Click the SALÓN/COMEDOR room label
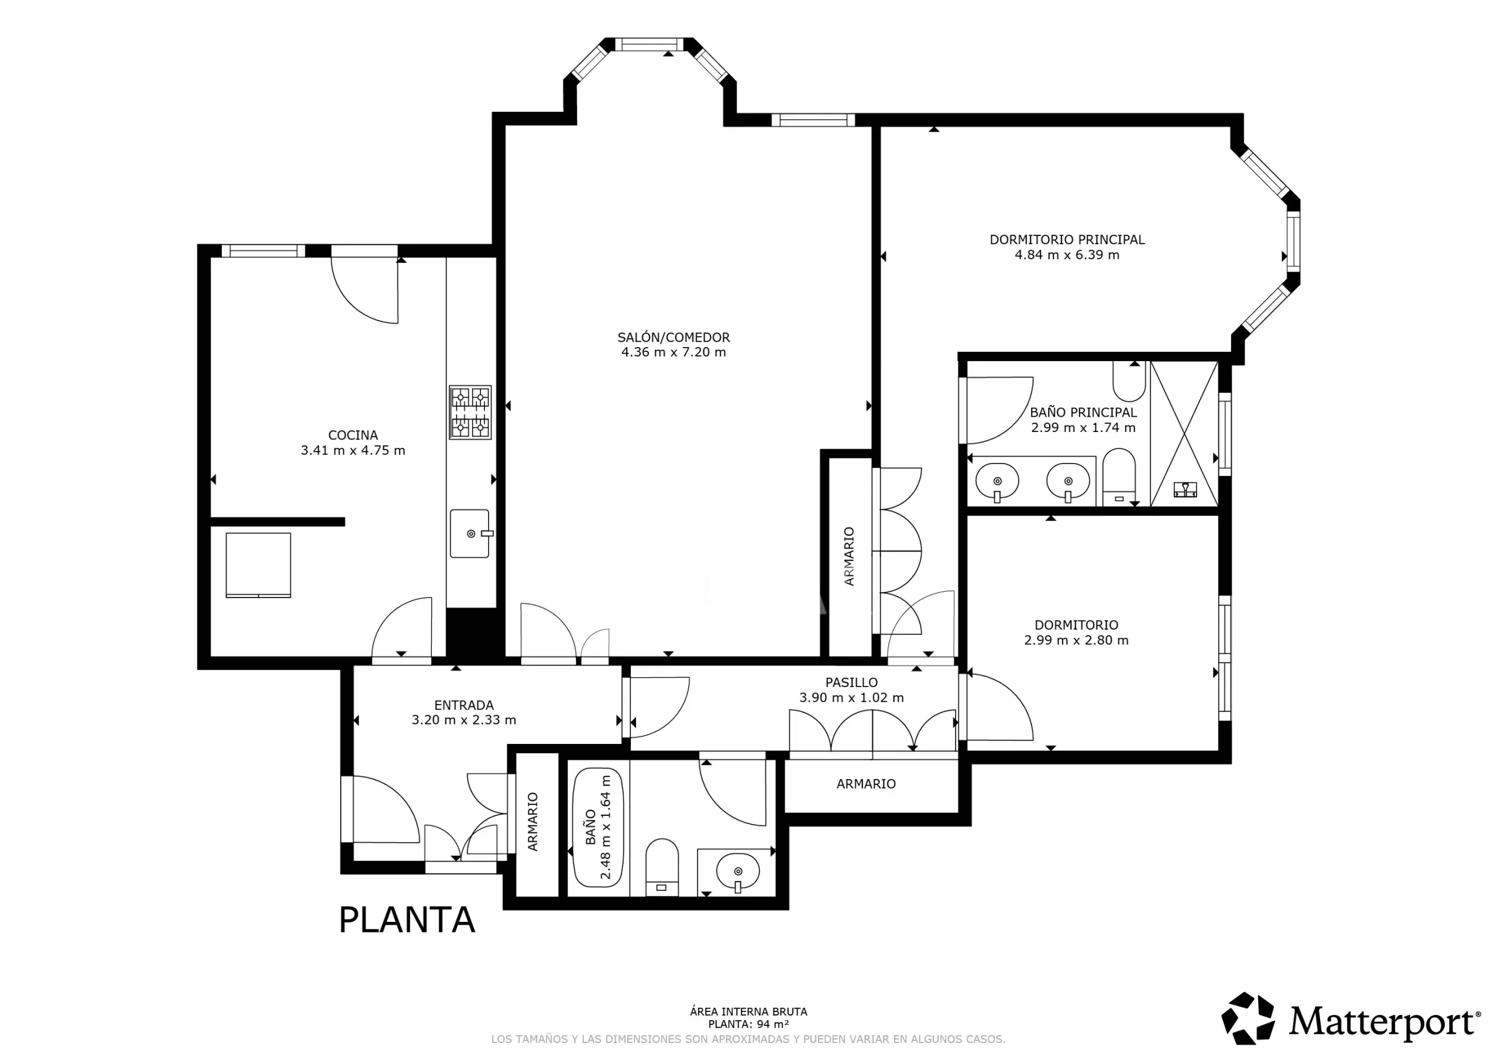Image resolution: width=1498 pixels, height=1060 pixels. click(674, 338)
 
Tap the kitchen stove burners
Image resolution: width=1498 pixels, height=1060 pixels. click(470, 413)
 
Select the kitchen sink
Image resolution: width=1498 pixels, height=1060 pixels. click(470, 533)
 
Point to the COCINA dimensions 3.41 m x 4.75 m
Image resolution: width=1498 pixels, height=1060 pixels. click(353, 450)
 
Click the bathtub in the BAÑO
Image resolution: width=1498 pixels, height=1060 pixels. click(597, 828)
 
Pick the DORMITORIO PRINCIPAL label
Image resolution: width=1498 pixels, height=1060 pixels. click(1067, 239)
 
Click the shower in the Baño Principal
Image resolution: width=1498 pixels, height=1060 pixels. click(1184, 434)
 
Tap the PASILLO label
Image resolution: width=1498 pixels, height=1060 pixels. click(851, 682)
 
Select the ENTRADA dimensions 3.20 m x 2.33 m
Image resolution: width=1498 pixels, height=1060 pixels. click(464, 720)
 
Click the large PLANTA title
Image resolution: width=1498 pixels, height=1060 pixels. click(407, 920)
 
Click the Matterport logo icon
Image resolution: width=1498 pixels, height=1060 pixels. click(1248, 1018)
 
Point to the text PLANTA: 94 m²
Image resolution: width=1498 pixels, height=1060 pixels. click(748, 1025)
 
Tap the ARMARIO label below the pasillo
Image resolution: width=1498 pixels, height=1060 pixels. click(866, 784)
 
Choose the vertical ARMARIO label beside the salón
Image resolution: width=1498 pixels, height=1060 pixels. click(849, 556)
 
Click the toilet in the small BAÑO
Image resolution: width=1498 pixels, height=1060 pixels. click(662, 867)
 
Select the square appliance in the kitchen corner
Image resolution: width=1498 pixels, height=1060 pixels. click(259, 565)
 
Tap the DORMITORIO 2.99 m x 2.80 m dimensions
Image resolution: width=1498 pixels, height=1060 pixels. click(1076, 640)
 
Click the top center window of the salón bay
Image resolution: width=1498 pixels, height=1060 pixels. click(650, 44)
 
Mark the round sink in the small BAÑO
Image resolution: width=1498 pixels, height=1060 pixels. click(738, 872)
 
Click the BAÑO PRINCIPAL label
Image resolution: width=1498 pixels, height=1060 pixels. click(1083, 413)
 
